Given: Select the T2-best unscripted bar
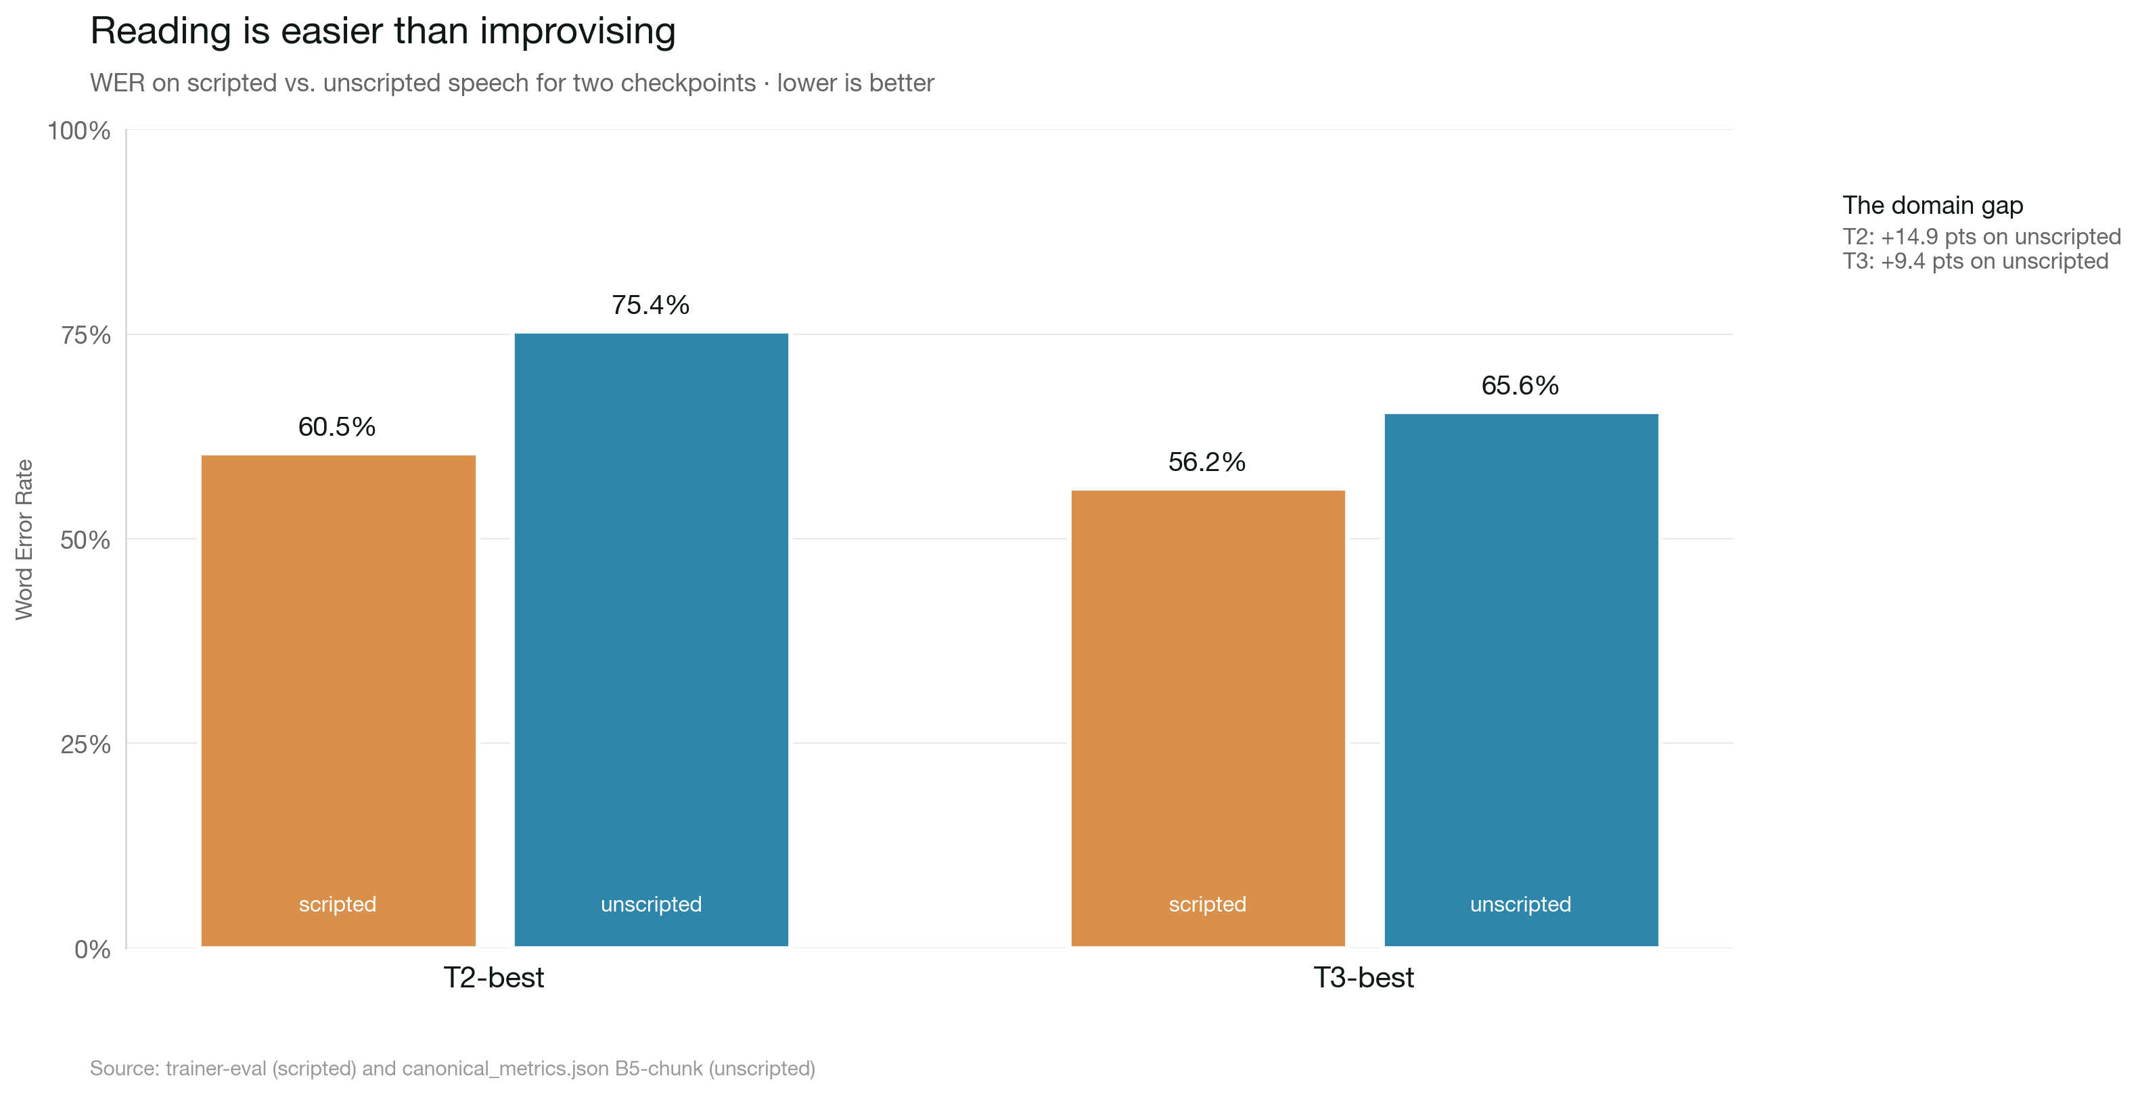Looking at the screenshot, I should (x=651, y=640).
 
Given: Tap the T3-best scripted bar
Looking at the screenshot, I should (x=1208, y=718).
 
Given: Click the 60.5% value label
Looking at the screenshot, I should (x=337, y=427).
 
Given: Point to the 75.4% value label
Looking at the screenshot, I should (x=651, y=305).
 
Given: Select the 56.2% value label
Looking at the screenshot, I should (x=1207, y=462).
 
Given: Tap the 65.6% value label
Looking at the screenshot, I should (x=1520, y=385).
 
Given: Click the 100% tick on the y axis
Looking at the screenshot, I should (x=79, y=131).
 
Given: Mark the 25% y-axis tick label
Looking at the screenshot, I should (x=85, y=744).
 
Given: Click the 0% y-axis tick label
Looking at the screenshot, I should (x=92, y=949).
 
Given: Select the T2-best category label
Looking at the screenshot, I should (x=494, y=977).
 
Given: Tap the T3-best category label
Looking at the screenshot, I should (x=1363, y=977).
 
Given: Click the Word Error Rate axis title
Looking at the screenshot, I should (x=24, y=539).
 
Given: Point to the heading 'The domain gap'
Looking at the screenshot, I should (x=1933, y=205).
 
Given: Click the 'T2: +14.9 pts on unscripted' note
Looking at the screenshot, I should (x=1981, y=237).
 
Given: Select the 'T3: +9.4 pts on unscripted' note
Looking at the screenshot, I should (x=1976, y=261).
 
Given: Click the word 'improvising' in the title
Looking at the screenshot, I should (x=578, y=32).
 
